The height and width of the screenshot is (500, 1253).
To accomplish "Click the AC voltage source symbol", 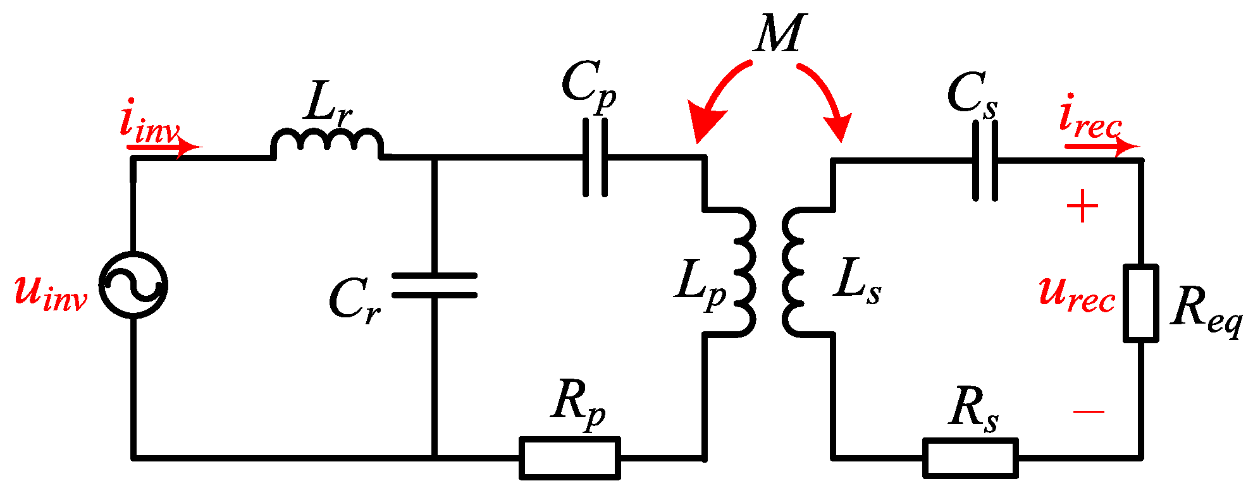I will [x=133, y=284].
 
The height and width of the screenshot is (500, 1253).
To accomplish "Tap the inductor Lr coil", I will [x=327, y=143].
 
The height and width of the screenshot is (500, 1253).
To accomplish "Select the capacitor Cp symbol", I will [x=595, y=157].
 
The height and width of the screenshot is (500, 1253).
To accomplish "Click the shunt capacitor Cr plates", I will [x=434, y=285].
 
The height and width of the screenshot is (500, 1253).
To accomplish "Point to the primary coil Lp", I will [x=740, y=272].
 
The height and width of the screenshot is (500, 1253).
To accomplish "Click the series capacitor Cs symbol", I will [x=985, y=161].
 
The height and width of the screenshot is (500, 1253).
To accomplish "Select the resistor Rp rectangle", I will [x=569, y=458].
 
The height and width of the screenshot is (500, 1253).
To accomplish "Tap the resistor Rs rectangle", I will [x=970, y=458].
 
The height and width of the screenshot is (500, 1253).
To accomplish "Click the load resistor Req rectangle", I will [x=1141, y=303].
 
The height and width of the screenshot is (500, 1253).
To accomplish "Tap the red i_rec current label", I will [x=1089, y=119].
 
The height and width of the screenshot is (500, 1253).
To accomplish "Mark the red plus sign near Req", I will [x=1082, y=206].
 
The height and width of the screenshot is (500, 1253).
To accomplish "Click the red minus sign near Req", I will [x=1089, y=412].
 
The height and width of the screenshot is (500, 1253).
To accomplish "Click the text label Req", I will [x=1205, y=310].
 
